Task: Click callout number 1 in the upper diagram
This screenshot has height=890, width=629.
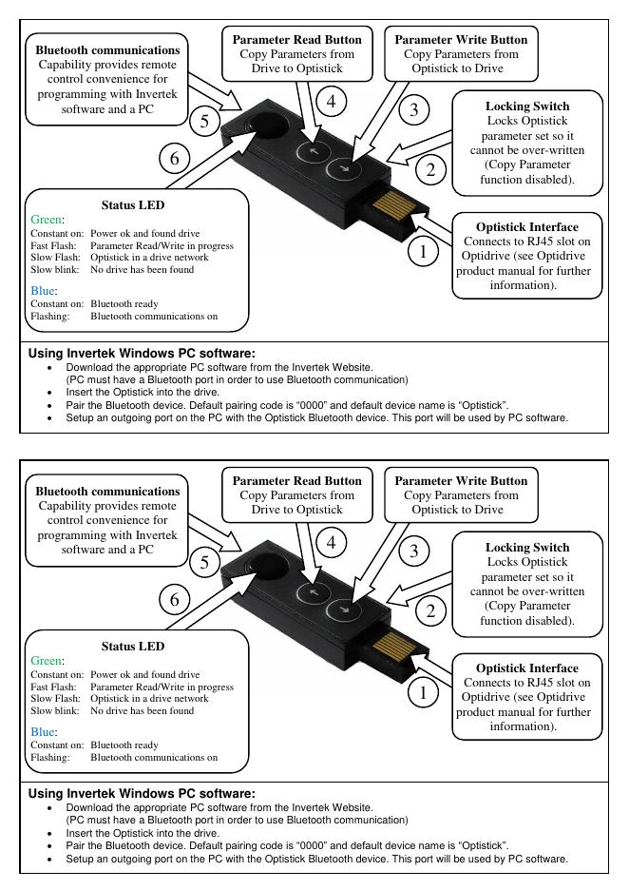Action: [x=424, y=252]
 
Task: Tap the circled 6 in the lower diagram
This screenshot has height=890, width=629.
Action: [x=175, y=599]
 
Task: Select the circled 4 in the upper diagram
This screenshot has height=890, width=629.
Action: [x=330, y=100]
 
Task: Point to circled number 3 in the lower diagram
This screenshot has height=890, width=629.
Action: [x=413, y=551]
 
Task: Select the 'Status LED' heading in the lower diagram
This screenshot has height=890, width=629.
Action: [x=133, y=646]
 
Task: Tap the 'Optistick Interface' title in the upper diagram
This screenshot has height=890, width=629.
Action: [x=526, y=227]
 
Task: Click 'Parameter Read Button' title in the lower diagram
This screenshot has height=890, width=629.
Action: [x=297, y=481]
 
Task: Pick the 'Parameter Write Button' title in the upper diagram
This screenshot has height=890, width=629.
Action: [x=461, y=40]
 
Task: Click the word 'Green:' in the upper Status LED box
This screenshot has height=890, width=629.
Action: [x=48, y=220]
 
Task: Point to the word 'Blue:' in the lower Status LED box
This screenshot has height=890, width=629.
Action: [x=45, y=732]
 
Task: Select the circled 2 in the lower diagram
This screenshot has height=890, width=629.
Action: [x=430, y=610]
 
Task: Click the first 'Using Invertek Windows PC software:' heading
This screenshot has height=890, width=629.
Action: [x=142, y=353]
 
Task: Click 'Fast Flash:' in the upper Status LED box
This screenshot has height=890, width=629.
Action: [x=55, y=245]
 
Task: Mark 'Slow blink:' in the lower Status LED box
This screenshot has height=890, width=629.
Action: [x=56, y=710]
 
